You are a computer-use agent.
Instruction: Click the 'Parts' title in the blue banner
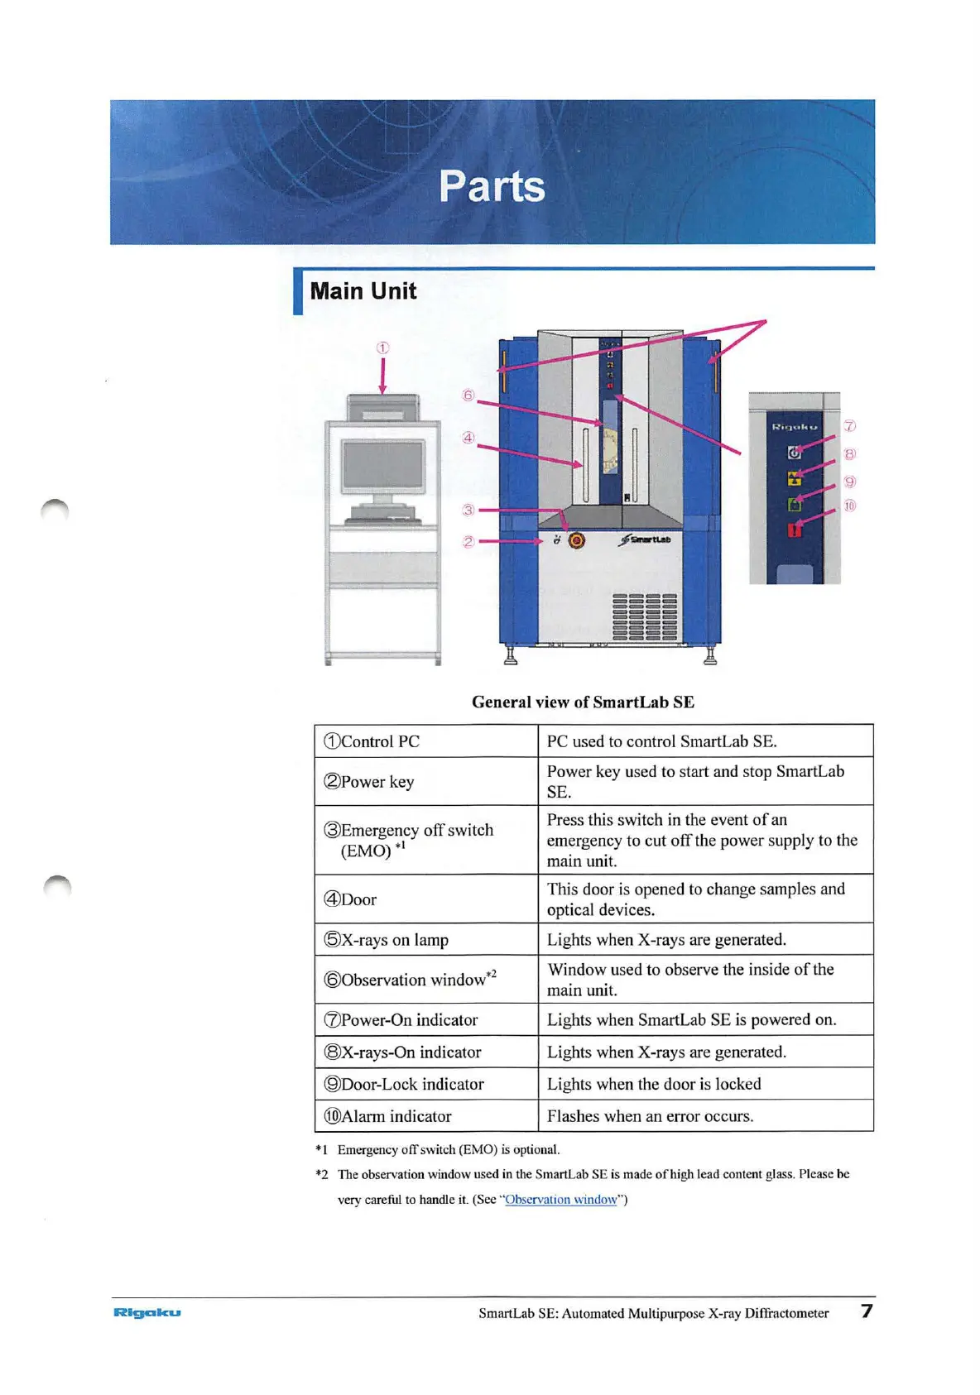[492, 185]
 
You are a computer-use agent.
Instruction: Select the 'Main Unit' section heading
[363, 291]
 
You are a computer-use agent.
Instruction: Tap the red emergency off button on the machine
[577, 540]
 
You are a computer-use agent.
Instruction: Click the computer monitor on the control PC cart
[382, 467]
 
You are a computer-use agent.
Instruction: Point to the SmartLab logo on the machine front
[646, 539]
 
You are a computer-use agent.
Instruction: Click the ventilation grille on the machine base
[644, 616]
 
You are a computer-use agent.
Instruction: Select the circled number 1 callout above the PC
[382, 348]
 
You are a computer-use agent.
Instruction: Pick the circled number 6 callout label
[468, 395]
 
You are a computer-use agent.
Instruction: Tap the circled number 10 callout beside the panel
[849, 506]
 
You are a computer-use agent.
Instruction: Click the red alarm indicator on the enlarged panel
[795, 530]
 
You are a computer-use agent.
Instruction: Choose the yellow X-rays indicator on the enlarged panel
[795, 478]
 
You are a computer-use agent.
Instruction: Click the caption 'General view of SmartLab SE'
[583, 702]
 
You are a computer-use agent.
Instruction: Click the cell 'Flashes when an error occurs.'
[650, 1116]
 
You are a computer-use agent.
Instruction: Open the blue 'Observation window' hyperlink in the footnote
[561, 1199]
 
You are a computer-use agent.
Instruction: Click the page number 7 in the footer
[867, 1311]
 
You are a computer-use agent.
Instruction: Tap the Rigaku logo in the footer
[147, 1312]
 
